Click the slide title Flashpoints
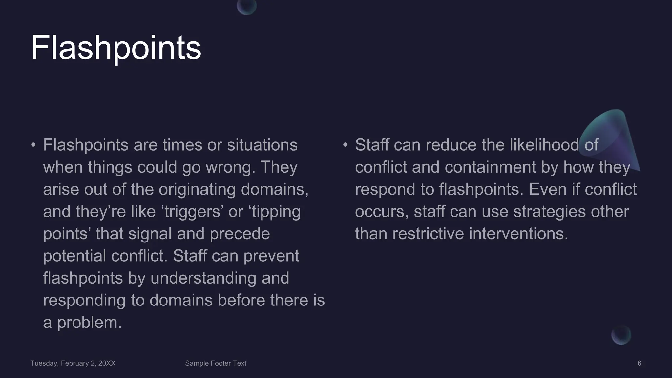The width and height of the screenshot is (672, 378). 116,48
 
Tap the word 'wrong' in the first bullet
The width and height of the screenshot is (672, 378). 230,167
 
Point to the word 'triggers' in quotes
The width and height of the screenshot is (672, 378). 192,212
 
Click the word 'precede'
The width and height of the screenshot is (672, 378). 240,234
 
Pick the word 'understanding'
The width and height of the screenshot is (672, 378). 203,278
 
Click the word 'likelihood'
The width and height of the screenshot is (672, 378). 544,145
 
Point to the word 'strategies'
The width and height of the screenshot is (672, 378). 549,212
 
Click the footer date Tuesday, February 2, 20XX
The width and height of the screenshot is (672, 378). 73,363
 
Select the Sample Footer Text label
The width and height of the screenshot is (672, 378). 216,363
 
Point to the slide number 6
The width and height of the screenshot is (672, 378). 639,363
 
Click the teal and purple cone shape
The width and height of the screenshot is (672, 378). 614,138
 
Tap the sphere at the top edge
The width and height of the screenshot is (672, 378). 247,6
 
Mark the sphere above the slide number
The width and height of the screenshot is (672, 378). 621,335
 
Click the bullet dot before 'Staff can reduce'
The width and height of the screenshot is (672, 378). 345,145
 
